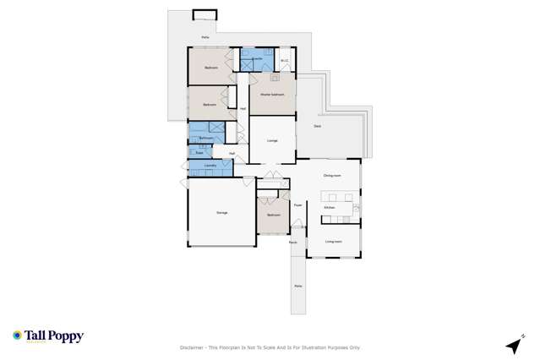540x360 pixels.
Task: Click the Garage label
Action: click(222, 212)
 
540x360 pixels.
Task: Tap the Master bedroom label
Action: click(271, 95)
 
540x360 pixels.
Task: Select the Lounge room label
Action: click(272, 140)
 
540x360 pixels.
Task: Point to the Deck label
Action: click(317, 126)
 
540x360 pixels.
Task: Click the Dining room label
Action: click(331, 175)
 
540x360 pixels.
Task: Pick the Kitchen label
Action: click(330, 207)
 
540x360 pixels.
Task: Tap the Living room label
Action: click(334, 241)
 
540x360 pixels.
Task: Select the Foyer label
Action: click(297, 204)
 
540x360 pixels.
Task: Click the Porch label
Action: click(293, 242)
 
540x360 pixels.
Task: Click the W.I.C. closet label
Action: click(285, 60)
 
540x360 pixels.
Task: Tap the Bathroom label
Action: click(205, 138)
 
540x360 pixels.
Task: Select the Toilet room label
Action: click(199, 153)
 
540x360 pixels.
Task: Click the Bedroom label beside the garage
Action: click(273, 215)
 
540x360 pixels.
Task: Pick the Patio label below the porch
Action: click(297, 286)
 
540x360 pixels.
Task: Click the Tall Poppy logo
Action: click(48, 336)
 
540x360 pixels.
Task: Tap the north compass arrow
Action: click(512, 345)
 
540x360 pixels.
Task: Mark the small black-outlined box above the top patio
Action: click(205, 14)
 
